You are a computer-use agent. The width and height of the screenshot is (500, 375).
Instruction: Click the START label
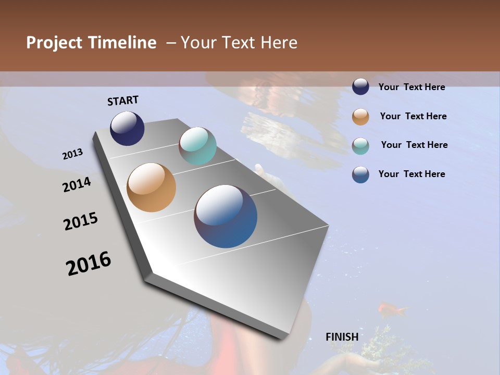coord(123,101)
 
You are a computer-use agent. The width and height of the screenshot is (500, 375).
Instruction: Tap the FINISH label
coord(342,337)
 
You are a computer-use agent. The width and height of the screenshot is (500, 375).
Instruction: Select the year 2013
coord(73,154)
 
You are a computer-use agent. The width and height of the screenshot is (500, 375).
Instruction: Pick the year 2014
coord(77,185)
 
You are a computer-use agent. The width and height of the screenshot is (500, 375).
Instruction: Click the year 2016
coord(89,264)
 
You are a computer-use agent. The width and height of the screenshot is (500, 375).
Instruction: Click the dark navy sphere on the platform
coord(127,129)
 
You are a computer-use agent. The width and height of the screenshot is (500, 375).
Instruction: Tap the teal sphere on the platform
coord(197,146)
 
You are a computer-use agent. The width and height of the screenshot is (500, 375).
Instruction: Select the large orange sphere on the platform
coord(152,187)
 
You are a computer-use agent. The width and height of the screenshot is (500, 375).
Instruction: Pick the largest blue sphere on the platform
coord(226,216)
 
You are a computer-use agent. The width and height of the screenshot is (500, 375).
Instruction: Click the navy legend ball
coord(360,86)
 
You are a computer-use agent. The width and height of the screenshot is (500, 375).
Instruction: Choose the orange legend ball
coord(360,117)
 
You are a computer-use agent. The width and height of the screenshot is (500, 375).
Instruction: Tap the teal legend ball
coord(360,146)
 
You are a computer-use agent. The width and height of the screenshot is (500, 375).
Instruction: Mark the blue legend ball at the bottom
coord(360,174)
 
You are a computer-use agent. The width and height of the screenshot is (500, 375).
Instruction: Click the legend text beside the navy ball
coord(412,87)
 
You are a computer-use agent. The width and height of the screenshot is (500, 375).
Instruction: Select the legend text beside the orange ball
coord(413,117)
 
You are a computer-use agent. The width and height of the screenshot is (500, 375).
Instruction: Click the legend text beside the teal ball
coord(414,145)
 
